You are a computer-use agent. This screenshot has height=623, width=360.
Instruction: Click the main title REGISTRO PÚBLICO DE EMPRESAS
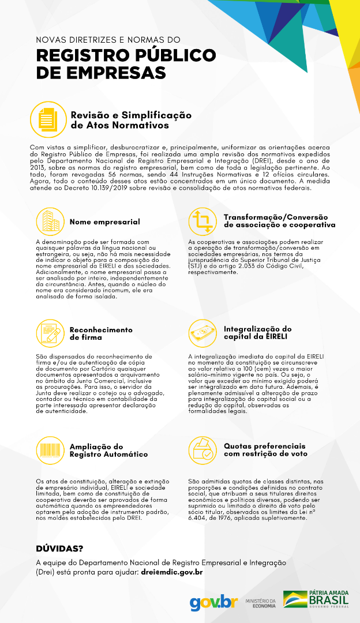[126, 64]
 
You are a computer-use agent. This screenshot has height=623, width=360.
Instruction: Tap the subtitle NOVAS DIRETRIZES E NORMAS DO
[108, 40]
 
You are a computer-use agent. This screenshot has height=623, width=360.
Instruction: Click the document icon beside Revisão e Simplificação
[48, 119]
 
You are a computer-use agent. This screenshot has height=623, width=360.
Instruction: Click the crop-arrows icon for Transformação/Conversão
[203, 221]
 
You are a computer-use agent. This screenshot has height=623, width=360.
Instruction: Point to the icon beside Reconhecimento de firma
[50, 333]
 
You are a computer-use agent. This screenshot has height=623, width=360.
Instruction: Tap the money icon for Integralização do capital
[203, 333]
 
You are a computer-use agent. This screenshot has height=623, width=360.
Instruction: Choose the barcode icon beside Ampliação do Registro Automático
[50, 450]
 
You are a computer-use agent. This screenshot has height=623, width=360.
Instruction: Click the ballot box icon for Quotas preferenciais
[203, 450]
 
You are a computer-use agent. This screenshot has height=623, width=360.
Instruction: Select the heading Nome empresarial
[104, 222]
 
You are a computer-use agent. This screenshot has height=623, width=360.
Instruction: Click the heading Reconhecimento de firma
[101, 333]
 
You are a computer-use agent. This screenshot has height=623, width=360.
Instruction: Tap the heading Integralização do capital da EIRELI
[257, 332]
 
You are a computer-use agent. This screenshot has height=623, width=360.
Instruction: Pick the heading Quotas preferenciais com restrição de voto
[264, 450]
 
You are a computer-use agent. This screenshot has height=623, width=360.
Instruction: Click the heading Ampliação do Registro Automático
[108, 450]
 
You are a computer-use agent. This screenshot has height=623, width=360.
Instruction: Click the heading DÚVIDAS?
[59, 549]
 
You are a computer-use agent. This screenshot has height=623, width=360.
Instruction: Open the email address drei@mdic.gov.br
[172, 572]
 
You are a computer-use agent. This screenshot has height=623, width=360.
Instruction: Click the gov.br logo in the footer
[213, 602]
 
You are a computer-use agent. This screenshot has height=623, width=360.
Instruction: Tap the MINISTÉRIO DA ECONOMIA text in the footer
[261, 603]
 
